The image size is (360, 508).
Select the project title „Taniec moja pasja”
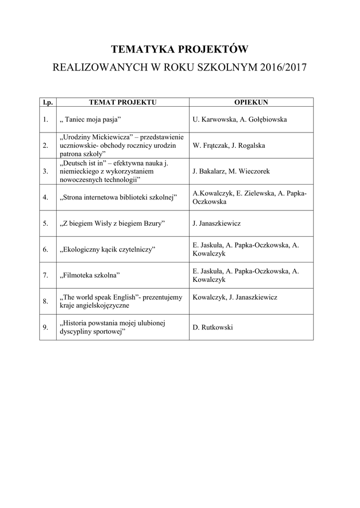point(90,120)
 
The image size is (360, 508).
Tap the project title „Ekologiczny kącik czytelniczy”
point(107,249)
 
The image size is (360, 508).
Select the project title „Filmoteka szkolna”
point(90,275)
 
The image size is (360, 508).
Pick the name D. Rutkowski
point(213,327)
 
